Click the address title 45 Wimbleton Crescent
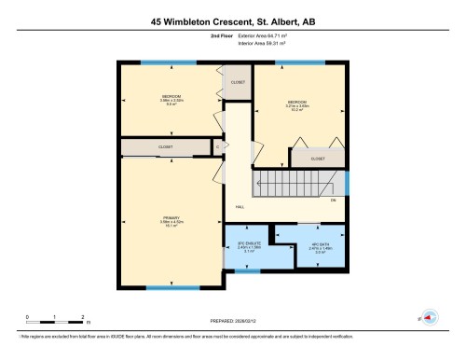point(233,21)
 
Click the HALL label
point(240,206)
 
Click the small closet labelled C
point(217,146)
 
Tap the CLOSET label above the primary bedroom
point(165,146)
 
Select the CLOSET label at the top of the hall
point(237,82)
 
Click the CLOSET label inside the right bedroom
point(317,159)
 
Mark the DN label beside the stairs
point(333,200)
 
